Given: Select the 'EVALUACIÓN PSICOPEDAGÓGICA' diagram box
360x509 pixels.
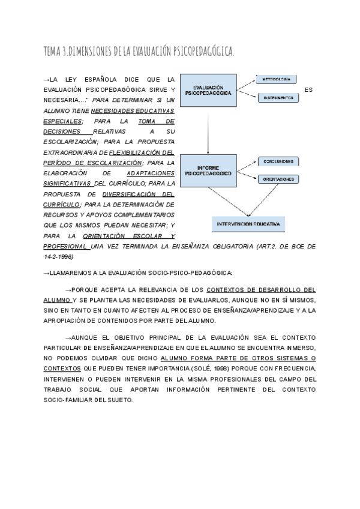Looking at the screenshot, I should coord(208,90).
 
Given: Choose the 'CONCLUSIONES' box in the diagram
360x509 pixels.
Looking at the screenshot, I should coord(278,161).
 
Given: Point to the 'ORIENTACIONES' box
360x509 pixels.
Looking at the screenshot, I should coord(278,179).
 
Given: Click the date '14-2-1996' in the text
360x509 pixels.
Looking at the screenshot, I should coord(58,256).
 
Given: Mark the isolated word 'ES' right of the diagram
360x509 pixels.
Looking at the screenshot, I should coord(309,90).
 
